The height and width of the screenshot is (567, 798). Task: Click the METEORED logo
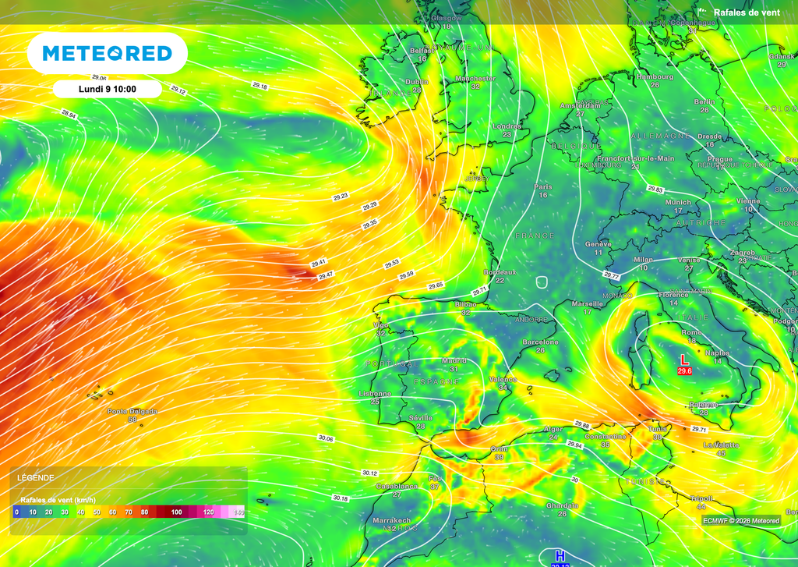point(107,54)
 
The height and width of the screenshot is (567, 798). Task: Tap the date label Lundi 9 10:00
point(108,89)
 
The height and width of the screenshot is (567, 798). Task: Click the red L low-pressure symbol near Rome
point(684,360)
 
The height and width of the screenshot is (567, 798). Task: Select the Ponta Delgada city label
point(132,411)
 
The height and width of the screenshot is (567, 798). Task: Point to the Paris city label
point(543,186)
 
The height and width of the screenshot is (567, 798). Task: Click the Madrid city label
point(454,361)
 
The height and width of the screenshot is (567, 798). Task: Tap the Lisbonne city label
point(375,394)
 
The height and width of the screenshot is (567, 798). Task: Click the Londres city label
point(507,126)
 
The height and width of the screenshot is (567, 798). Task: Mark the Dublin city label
point(417,82)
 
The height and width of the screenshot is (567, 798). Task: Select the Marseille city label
point(586,303)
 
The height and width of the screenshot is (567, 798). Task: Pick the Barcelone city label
point(540,342)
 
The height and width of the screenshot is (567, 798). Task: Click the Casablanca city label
point(396,487)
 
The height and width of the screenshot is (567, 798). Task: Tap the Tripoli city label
point(701,498)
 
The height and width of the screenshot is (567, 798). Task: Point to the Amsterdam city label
point(580,105)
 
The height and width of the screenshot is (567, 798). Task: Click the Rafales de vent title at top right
point(747,12)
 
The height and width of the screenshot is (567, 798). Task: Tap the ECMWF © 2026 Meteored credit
point(740,520)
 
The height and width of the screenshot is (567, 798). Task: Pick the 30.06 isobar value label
point(326,439)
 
